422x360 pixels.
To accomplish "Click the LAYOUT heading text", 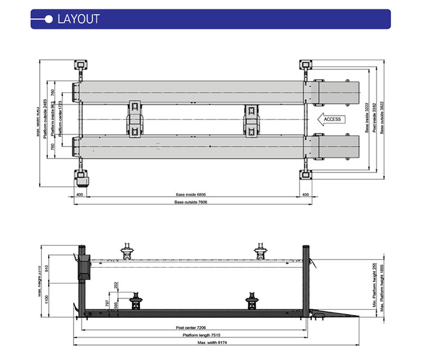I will pyautogui.click(x=78, y=18).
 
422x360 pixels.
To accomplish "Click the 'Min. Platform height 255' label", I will pyautogui.click(x=374, y=288).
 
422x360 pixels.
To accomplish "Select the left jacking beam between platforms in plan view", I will pyautogui.click(x=135, y=119).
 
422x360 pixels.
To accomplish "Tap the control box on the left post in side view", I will pyautogui.click(x=83, y=265).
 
